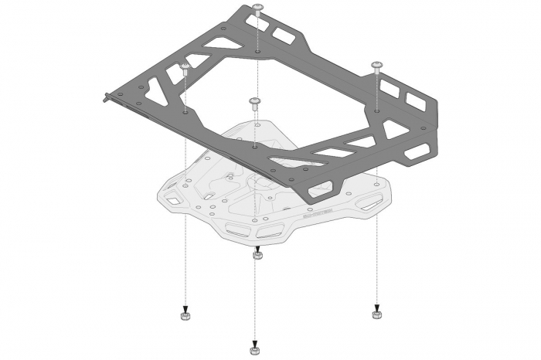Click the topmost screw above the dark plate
[256, 9]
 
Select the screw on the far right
[376, 65]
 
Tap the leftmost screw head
[185, 70]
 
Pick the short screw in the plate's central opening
[254, 104]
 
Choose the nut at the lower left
[185, 316]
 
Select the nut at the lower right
[376, 315]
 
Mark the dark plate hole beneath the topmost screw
[256, 57]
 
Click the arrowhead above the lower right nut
[376, 307]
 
